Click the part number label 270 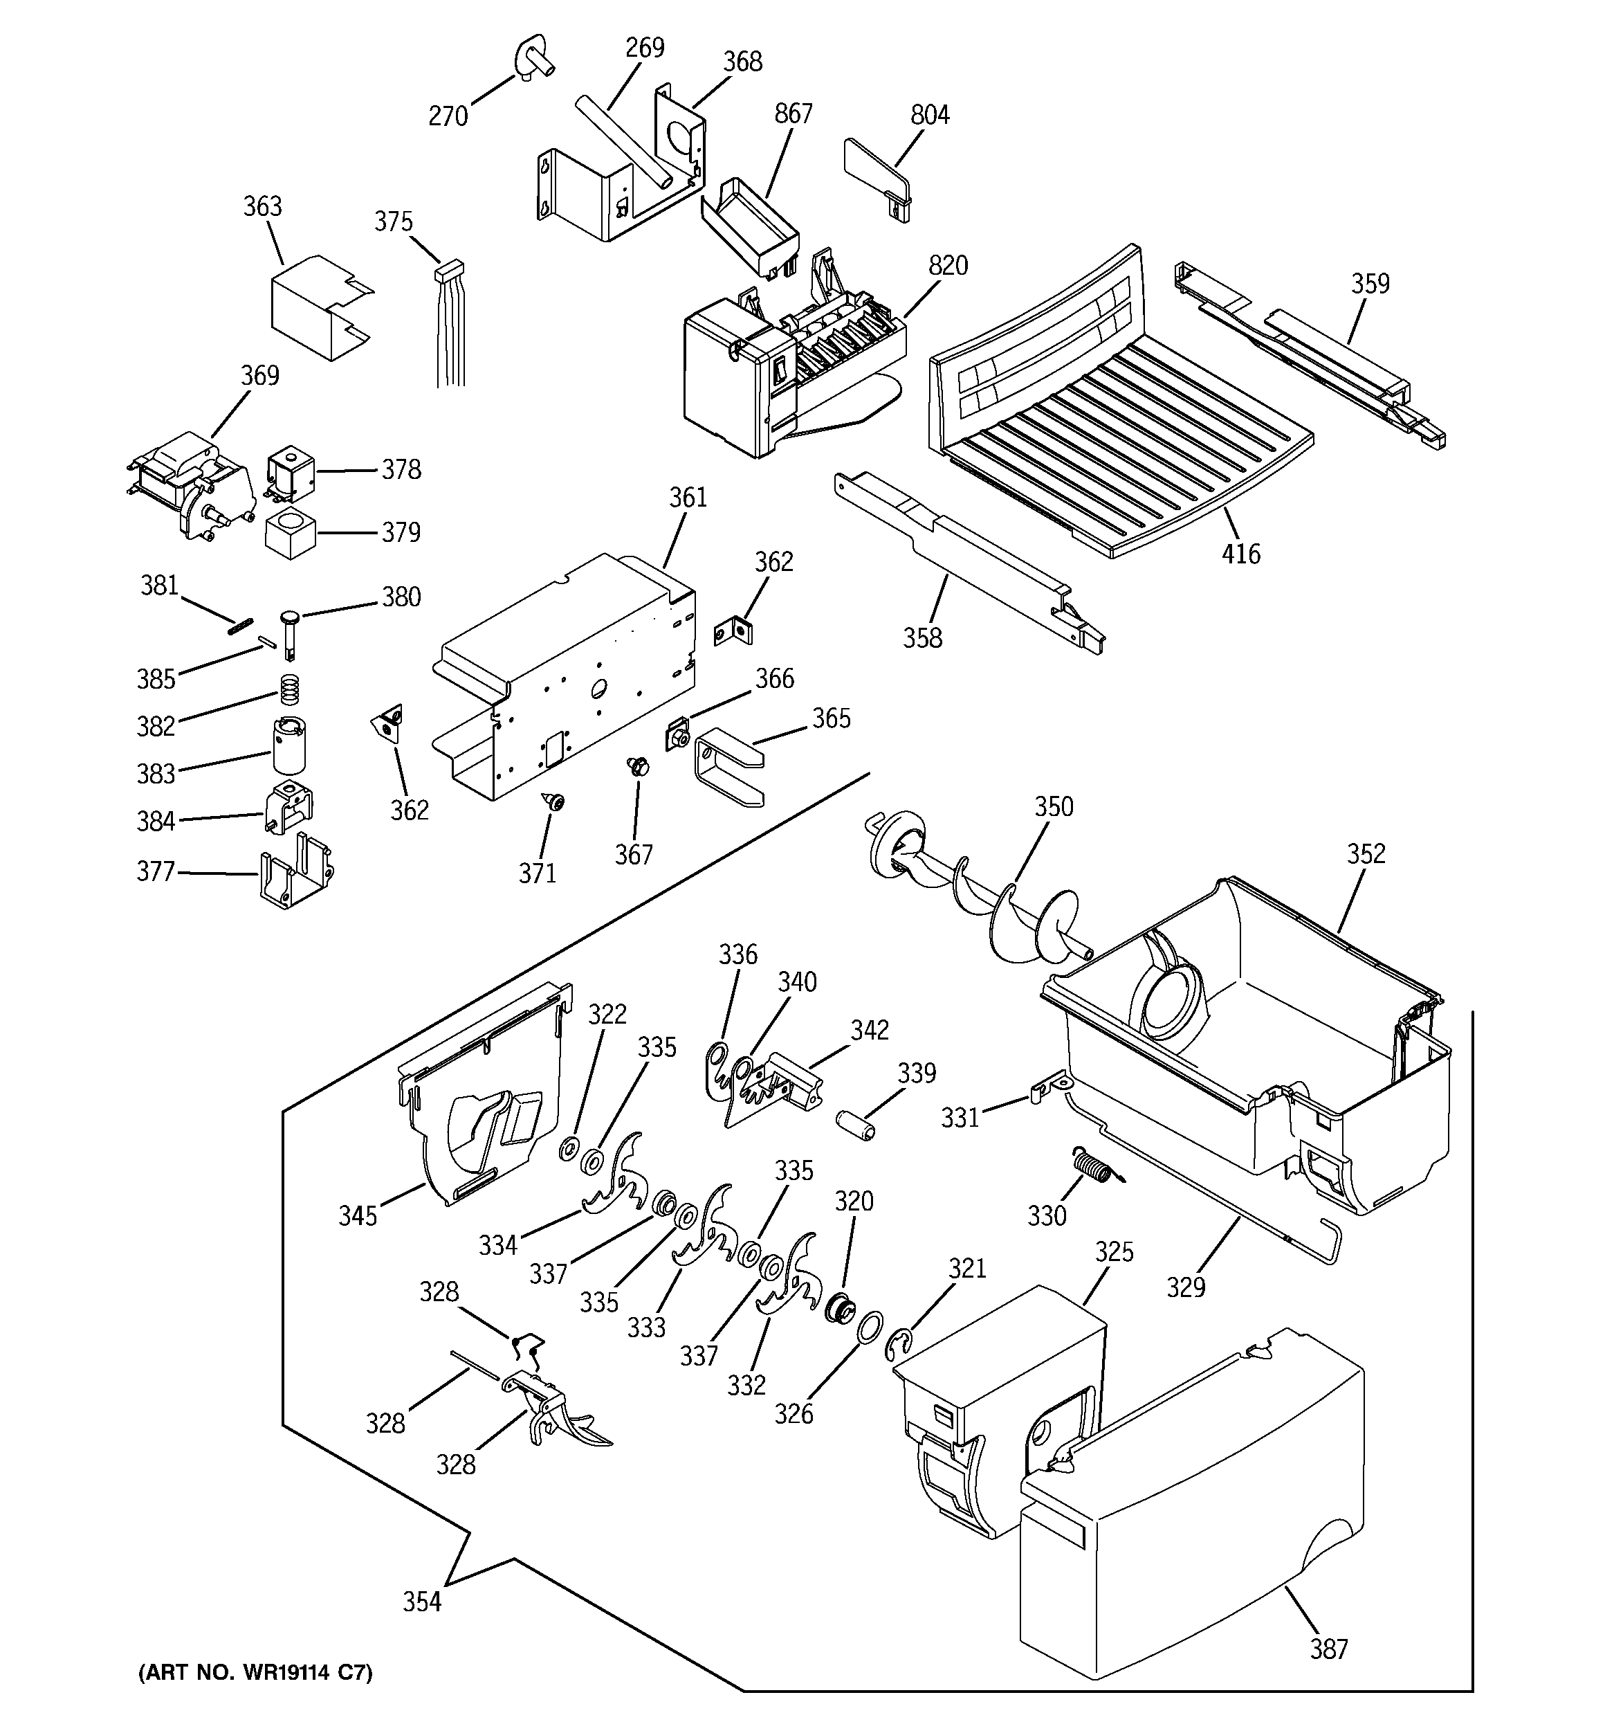448,116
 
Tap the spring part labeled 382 291,687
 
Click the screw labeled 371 554,802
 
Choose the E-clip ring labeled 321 897,1346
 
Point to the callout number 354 422,1602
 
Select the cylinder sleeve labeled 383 291,745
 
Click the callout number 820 948,265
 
